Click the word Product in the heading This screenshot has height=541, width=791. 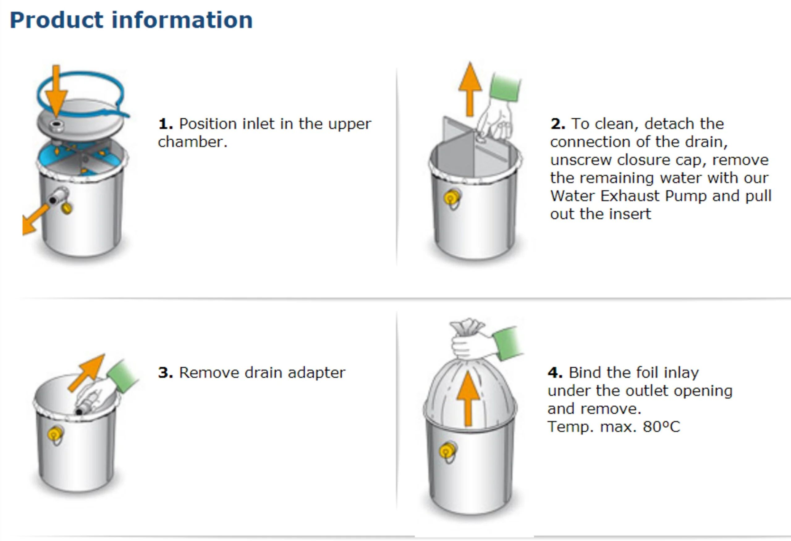point(57,20)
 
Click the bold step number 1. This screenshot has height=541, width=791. point(165,124)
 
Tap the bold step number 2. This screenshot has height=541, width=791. point(557,124)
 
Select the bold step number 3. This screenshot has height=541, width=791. point(165,373)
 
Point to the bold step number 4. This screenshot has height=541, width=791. point(555,373)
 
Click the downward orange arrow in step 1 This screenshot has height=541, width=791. point(56,92)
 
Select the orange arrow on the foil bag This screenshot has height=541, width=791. point(468,398)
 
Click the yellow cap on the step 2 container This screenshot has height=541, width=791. point(451,198)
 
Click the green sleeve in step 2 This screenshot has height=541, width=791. point(505,87)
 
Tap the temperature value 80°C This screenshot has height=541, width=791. point(661,427)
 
